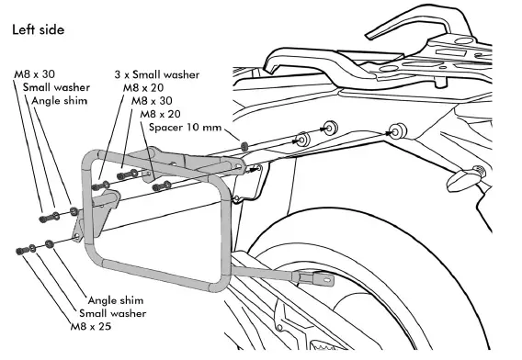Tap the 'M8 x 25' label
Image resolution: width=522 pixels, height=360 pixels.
click(x=92, y=326)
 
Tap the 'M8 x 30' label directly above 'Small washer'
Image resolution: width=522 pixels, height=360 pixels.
click(x=35, y=73)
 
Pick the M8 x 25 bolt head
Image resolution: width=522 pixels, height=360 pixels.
click(x=20, y=249)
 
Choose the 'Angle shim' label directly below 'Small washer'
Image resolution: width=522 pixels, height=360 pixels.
click(x=116, y=299)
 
